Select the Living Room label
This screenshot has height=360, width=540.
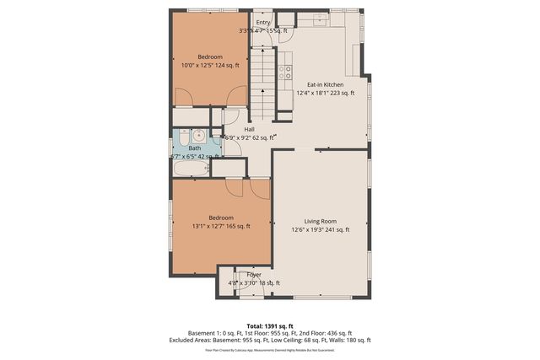320,221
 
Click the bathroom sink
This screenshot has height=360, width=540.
197,136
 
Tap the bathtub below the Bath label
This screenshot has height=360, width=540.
191,168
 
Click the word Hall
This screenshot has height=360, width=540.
250,129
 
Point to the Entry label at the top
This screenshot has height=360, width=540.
263,23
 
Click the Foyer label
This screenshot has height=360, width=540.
254,275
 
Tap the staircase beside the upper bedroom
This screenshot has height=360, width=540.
264,80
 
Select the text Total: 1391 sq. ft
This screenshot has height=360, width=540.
270,325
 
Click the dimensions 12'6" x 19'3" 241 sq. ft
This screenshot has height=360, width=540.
320,229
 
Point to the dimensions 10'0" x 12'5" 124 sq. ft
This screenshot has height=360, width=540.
211,65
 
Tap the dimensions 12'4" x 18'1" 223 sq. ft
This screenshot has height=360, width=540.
324,92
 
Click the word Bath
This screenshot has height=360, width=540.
194,148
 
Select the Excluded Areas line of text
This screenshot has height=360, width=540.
270,340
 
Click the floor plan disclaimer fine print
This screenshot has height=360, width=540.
270,348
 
